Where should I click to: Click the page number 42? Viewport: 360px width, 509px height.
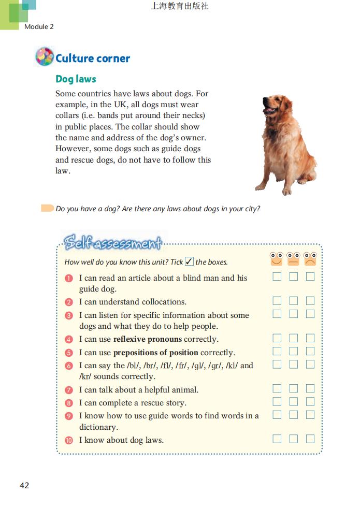pos(24,485)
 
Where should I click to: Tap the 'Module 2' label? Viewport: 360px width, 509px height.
pos(39,26)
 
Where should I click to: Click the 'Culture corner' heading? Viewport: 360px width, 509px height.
pos(93,58)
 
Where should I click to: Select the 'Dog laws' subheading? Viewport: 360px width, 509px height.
pos(76,79)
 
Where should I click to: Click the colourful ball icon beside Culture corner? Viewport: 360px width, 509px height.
pos(45,56)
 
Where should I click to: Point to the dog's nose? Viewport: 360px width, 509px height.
pos(263,101)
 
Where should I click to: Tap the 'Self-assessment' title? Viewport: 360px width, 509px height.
pos(113,242)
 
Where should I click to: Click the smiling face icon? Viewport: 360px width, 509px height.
pos(277,258)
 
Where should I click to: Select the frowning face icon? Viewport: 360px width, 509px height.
pos(310,258)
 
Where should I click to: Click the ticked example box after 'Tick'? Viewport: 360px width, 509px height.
pos(189,261)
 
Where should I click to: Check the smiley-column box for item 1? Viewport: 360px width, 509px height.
pos(277,277)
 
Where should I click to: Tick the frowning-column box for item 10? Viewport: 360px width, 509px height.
pos(310,439)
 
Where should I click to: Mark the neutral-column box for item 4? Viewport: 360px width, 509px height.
pos(294,338)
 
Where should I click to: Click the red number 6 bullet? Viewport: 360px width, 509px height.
pos(69,366)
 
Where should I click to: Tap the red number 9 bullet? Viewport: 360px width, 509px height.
pos(69,416)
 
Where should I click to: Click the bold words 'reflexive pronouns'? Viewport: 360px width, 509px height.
pos(148,339)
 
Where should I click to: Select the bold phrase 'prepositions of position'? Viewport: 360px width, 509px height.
pos(155,353)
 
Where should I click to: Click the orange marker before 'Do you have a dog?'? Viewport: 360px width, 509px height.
pos(47,208)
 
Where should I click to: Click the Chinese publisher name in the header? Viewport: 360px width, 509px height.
pos(180,7)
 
